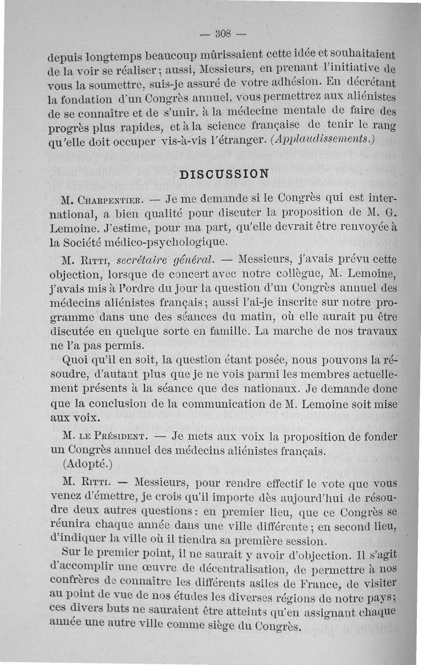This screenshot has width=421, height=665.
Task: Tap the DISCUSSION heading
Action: pyautogui.click(x=224, y=174)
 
